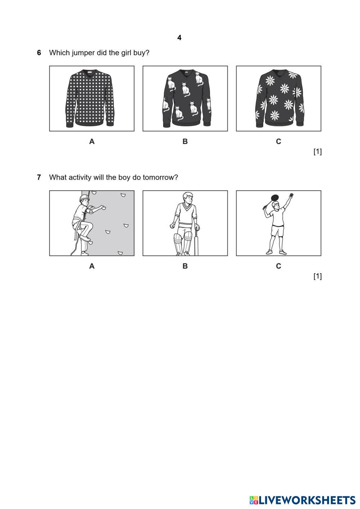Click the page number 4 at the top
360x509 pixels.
(179, 38)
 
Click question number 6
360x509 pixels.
(39, 53)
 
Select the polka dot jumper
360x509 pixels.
(90, 98)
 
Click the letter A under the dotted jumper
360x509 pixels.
(92, 141)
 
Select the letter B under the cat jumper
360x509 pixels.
(185, 141)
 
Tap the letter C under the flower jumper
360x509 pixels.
(278, 141)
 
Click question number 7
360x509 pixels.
(39, 177)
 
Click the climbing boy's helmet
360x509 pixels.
(84, 197)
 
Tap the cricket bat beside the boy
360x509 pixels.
(196, 242)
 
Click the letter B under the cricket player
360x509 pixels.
(185, 266)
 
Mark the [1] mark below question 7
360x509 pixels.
(318, 276)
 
